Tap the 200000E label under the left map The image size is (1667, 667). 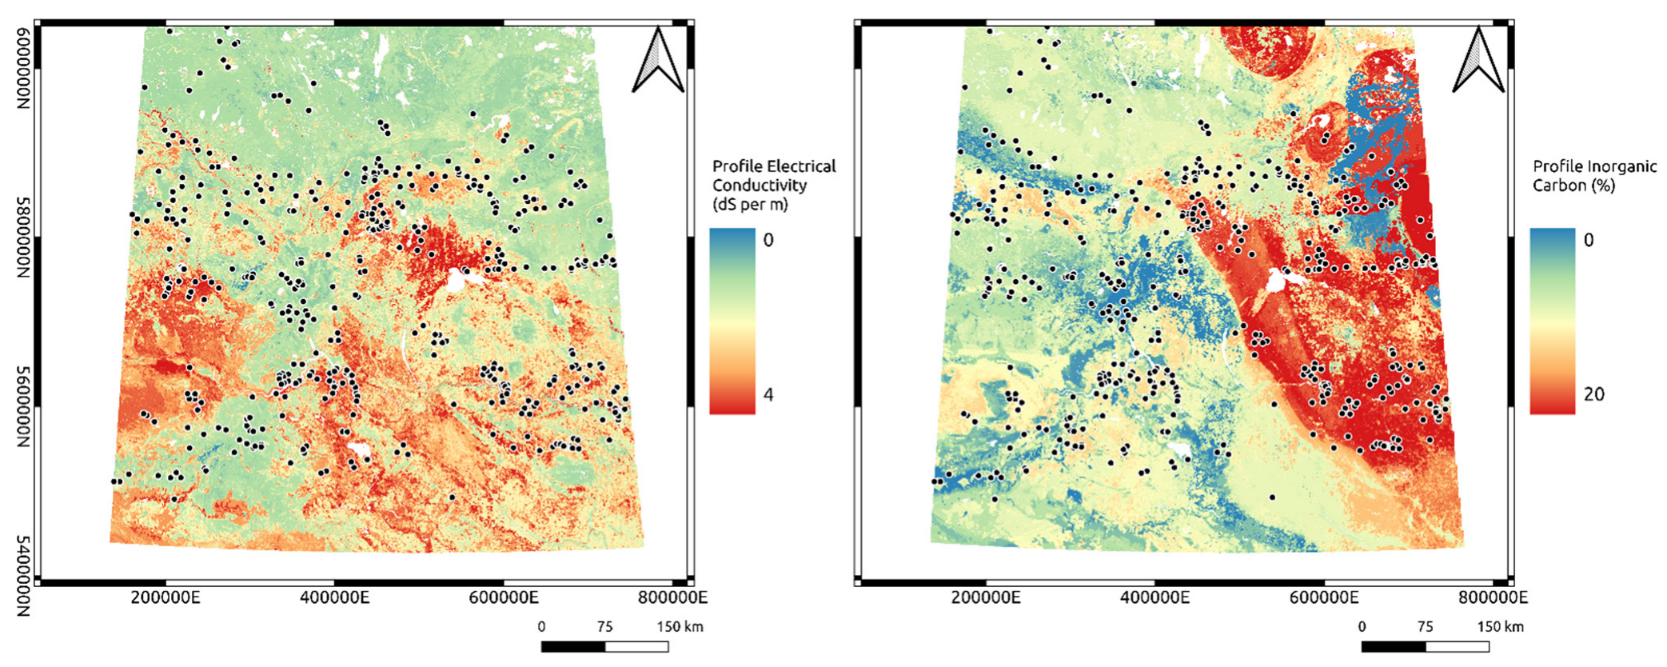pyautogui.click(x=166, y=597)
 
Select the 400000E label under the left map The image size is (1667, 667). pyautogui.click(x=335, y=597)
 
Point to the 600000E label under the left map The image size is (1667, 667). pyautogui.click(x=504, y=597)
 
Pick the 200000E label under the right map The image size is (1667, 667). pyautogui.click(x=986, y=597)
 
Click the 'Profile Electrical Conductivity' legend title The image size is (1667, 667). pyautogui.click(x=773, y=185)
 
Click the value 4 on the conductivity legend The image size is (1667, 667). pyautogui.click(x=768, y=394)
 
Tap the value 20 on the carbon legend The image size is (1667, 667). pyautogui.click(x=1593, y=394)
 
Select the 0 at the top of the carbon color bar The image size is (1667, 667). pyautogui.click(x=1589, y=240)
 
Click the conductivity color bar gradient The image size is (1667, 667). pyautogui.click(x=732, y=321)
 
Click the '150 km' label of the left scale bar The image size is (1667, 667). pyautogui.click(x=680, y=626)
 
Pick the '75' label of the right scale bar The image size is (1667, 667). pyautogui.click(x=1425, y=626)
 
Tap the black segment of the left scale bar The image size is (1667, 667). pyautogui.click(x=572, y=646)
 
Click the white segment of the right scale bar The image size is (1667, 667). pyautogui.click(x=1457, y=646)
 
